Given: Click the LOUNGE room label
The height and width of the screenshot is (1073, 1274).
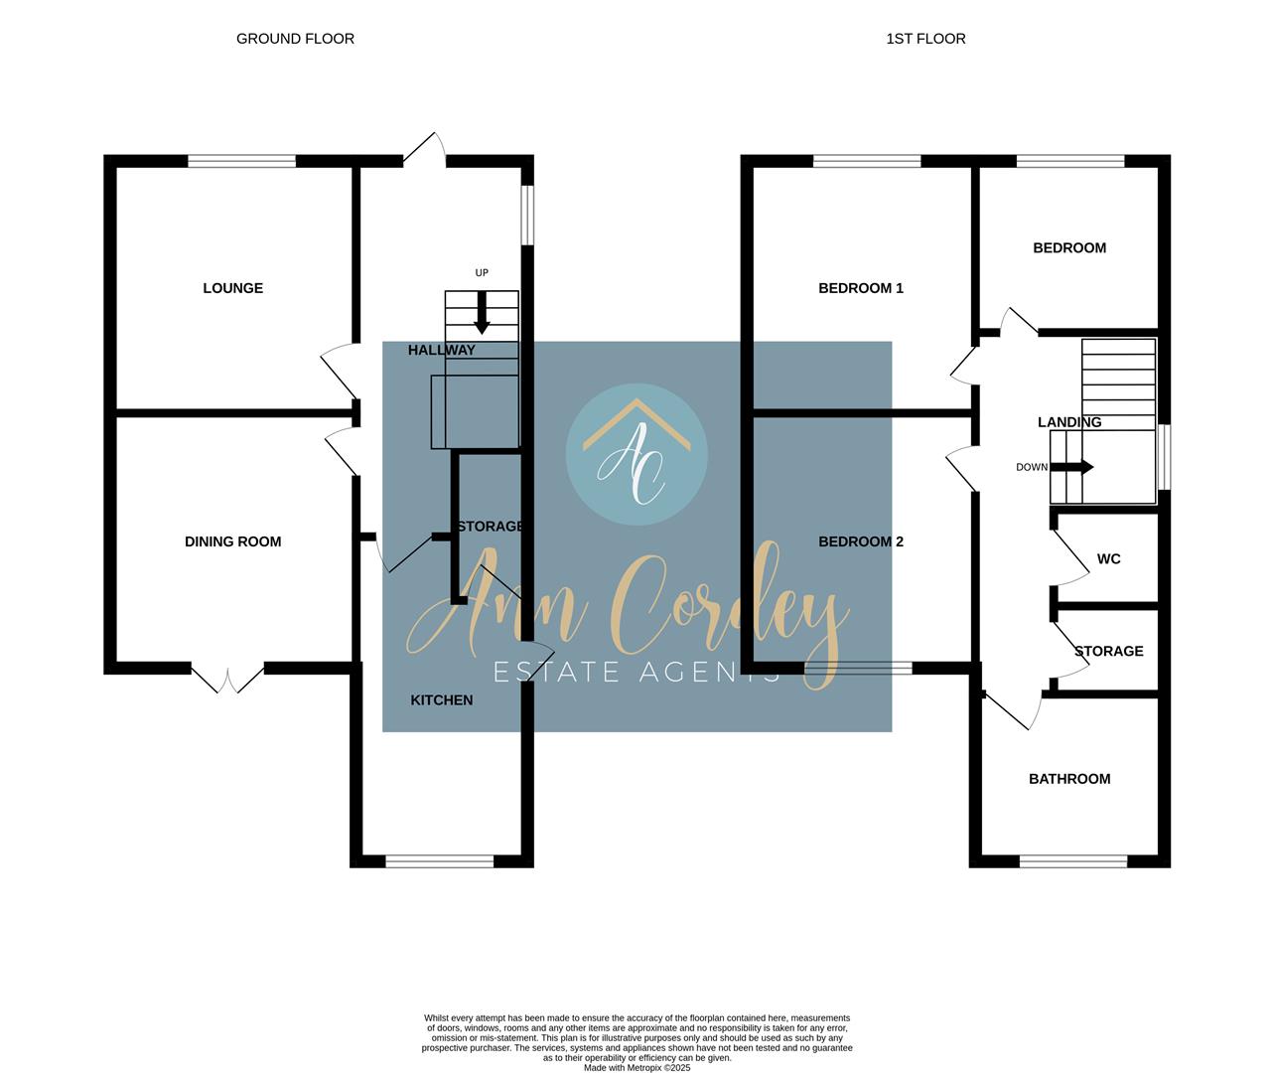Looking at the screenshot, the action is point(233,288).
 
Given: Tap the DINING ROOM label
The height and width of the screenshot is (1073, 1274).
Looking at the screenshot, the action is point(233,541).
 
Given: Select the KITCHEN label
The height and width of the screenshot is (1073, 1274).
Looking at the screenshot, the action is point(442,700).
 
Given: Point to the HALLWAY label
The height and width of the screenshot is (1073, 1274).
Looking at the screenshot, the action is point(442,351).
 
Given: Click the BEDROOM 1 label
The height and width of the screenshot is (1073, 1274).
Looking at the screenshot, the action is point(861,288).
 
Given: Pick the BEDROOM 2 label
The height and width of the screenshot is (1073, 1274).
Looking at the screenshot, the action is point(861,541).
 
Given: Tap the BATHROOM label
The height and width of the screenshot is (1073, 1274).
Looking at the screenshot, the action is point(1069,779).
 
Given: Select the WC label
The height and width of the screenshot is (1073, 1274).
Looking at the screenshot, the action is point(1108,559).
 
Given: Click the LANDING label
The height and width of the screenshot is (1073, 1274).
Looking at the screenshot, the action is point(1069,422).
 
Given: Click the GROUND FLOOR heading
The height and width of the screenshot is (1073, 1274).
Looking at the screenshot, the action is point(295,39).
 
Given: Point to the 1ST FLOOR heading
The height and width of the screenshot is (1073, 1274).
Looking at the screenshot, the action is point(925,39).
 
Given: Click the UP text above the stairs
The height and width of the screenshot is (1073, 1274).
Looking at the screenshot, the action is point(482,273).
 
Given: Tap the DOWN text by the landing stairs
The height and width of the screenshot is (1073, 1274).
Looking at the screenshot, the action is point(1032,468).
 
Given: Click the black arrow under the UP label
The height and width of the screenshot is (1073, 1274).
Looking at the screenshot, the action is point(482,313).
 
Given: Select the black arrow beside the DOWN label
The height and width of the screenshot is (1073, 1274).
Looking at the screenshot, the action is point(1071,468).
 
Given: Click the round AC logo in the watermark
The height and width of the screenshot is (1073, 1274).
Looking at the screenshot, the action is point(637,454).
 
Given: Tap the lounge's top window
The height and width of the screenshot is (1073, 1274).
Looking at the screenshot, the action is point(241,161).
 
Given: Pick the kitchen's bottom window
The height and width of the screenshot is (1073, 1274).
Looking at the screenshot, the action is point(439,861).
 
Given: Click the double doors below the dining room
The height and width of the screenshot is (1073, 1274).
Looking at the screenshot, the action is point(227,680).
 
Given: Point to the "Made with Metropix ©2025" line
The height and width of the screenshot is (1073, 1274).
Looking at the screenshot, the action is point(637,1068).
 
